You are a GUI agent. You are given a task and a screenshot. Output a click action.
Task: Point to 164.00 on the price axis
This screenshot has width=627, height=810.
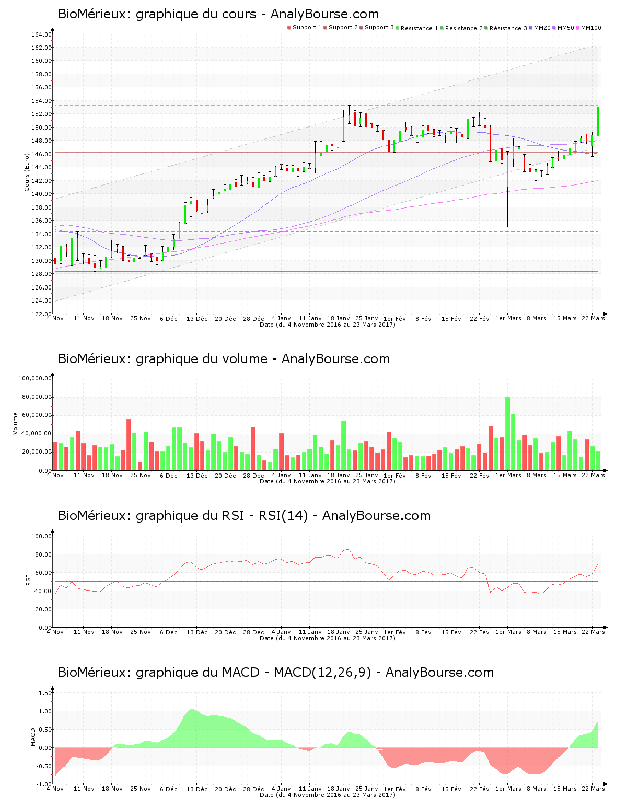click(41, 34)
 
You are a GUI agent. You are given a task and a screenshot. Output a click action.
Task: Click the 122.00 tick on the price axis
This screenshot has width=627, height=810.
click(41, 314)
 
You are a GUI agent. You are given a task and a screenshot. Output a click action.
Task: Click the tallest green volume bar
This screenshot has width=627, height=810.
click(507, 434)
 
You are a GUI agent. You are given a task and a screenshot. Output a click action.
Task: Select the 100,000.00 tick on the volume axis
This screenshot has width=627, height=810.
click(35, 378)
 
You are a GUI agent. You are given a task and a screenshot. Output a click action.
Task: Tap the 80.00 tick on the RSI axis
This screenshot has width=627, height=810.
click(41, 554)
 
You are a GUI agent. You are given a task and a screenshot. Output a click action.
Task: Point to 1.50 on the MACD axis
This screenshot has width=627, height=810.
click(45, 693)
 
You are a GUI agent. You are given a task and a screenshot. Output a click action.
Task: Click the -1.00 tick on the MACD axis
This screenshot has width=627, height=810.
click(44, 784)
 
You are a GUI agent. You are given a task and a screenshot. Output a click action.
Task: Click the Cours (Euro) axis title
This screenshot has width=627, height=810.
click(27, 172)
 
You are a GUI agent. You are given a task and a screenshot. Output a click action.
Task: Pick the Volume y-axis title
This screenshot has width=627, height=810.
click(16, 423)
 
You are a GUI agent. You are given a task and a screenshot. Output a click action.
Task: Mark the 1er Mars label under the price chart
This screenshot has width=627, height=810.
click(508, 318)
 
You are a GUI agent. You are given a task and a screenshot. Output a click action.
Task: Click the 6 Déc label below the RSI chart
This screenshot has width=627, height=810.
click(169, 632)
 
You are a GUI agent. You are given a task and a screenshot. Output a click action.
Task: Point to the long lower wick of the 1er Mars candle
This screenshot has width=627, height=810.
click(507, 209)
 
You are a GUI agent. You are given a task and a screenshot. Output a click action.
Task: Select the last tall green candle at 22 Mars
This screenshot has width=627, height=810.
click(598, 121)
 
